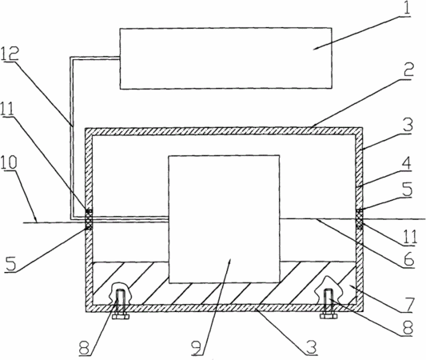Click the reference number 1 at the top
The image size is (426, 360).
[405, 8]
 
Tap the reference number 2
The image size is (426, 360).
[407, 70]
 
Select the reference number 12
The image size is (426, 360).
[10, 54]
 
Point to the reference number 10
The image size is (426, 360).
[9, 162]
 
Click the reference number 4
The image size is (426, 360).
[407, 163]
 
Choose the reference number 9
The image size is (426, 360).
[197, 346]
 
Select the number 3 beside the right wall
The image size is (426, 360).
[408, 124]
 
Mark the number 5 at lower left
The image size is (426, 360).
[11, 264]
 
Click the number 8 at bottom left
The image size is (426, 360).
[84, 348]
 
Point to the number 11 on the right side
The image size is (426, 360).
[409, 237]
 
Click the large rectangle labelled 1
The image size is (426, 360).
[225, 58]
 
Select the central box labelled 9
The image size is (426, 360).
[224, 219]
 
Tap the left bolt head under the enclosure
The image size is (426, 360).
[121, 317]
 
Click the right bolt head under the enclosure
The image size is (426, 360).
[328, 316]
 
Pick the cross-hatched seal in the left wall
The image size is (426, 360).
[89, 219]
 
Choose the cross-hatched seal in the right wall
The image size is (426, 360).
[359, 218]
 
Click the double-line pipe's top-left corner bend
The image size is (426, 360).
[71, 58]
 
